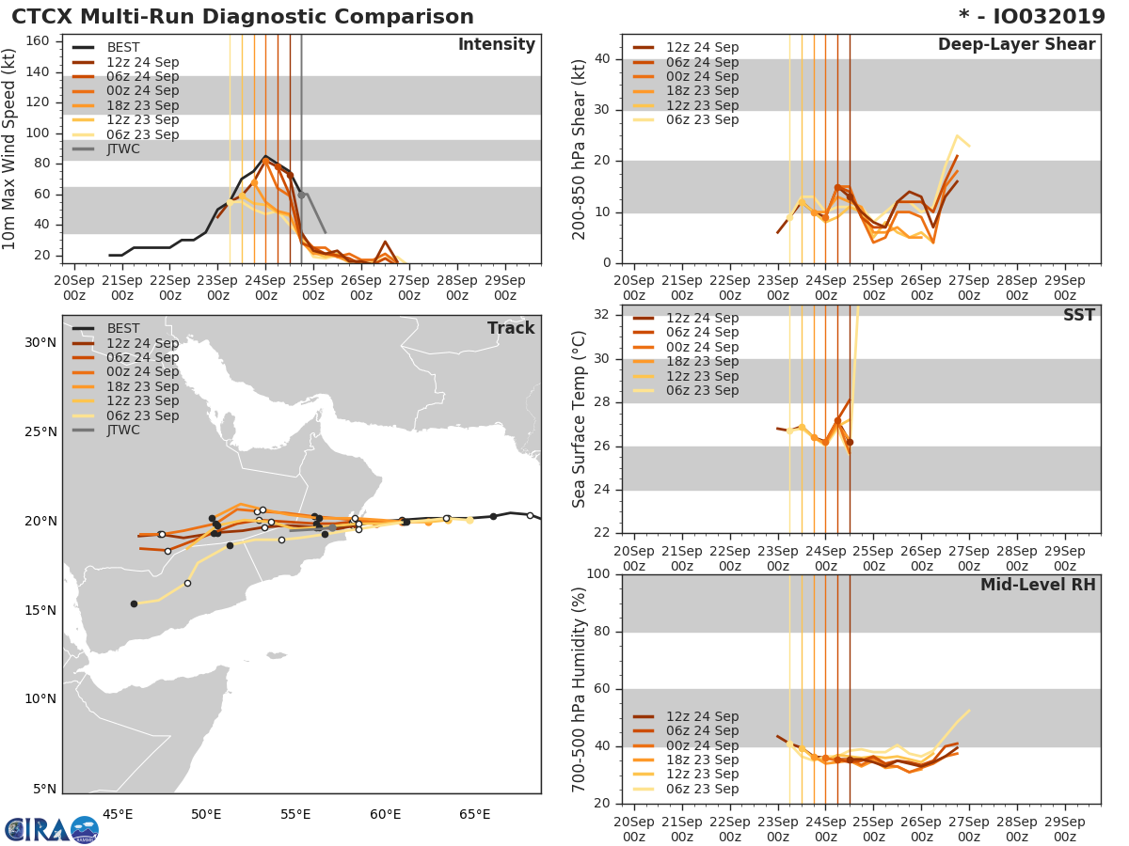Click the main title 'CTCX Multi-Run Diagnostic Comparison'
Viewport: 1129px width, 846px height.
243,17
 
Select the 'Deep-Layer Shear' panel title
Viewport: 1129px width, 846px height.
1016,45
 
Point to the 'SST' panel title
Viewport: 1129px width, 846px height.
1078,315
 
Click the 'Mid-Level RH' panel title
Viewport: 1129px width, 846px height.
1038,585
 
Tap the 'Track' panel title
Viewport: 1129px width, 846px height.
511,328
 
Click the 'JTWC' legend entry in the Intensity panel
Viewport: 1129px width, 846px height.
123,149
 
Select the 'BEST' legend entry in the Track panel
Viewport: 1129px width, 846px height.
123,328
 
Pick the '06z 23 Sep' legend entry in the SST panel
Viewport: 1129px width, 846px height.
702,390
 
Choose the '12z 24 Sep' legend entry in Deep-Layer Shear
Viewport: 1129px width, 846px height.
702,47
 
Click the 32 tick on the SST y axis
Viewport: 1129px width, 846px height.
600,315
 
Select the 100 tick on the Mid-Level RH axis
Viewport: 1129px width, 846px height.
596,574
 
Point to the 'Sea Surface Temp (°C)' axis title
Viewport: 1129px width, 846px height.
580,419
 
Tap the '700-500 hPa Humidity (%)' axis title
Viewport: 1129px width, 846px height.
580,689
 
